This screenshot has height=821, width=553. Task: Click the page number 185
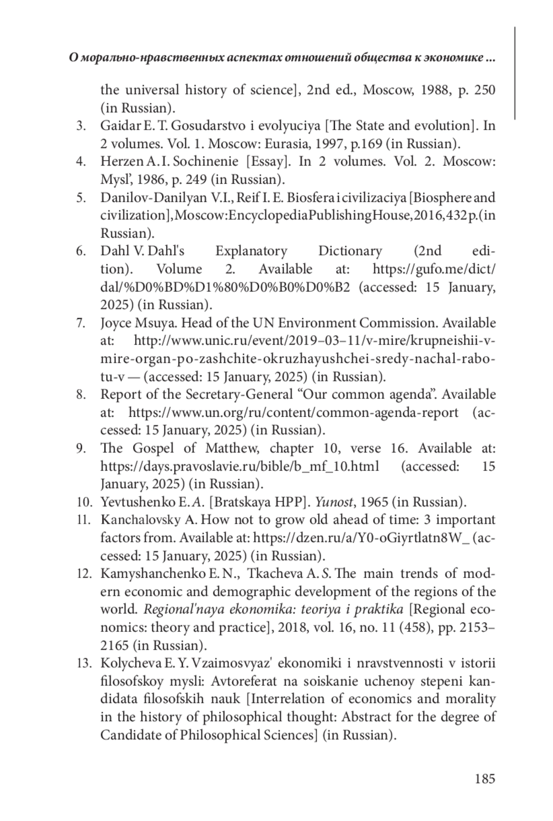tap(485, 779)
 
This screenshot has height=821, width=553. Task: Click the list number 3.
tap(81, 126)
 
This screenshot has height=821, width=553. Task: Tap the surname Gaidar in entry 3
tap(116, 126)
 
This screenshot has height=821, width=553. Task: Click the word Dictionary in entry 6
tap(350, 251)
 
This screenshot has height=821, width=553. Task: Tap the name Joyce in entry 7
tap(116, 323)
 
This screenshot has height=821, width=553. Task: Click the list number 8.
tap(81, 395)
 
